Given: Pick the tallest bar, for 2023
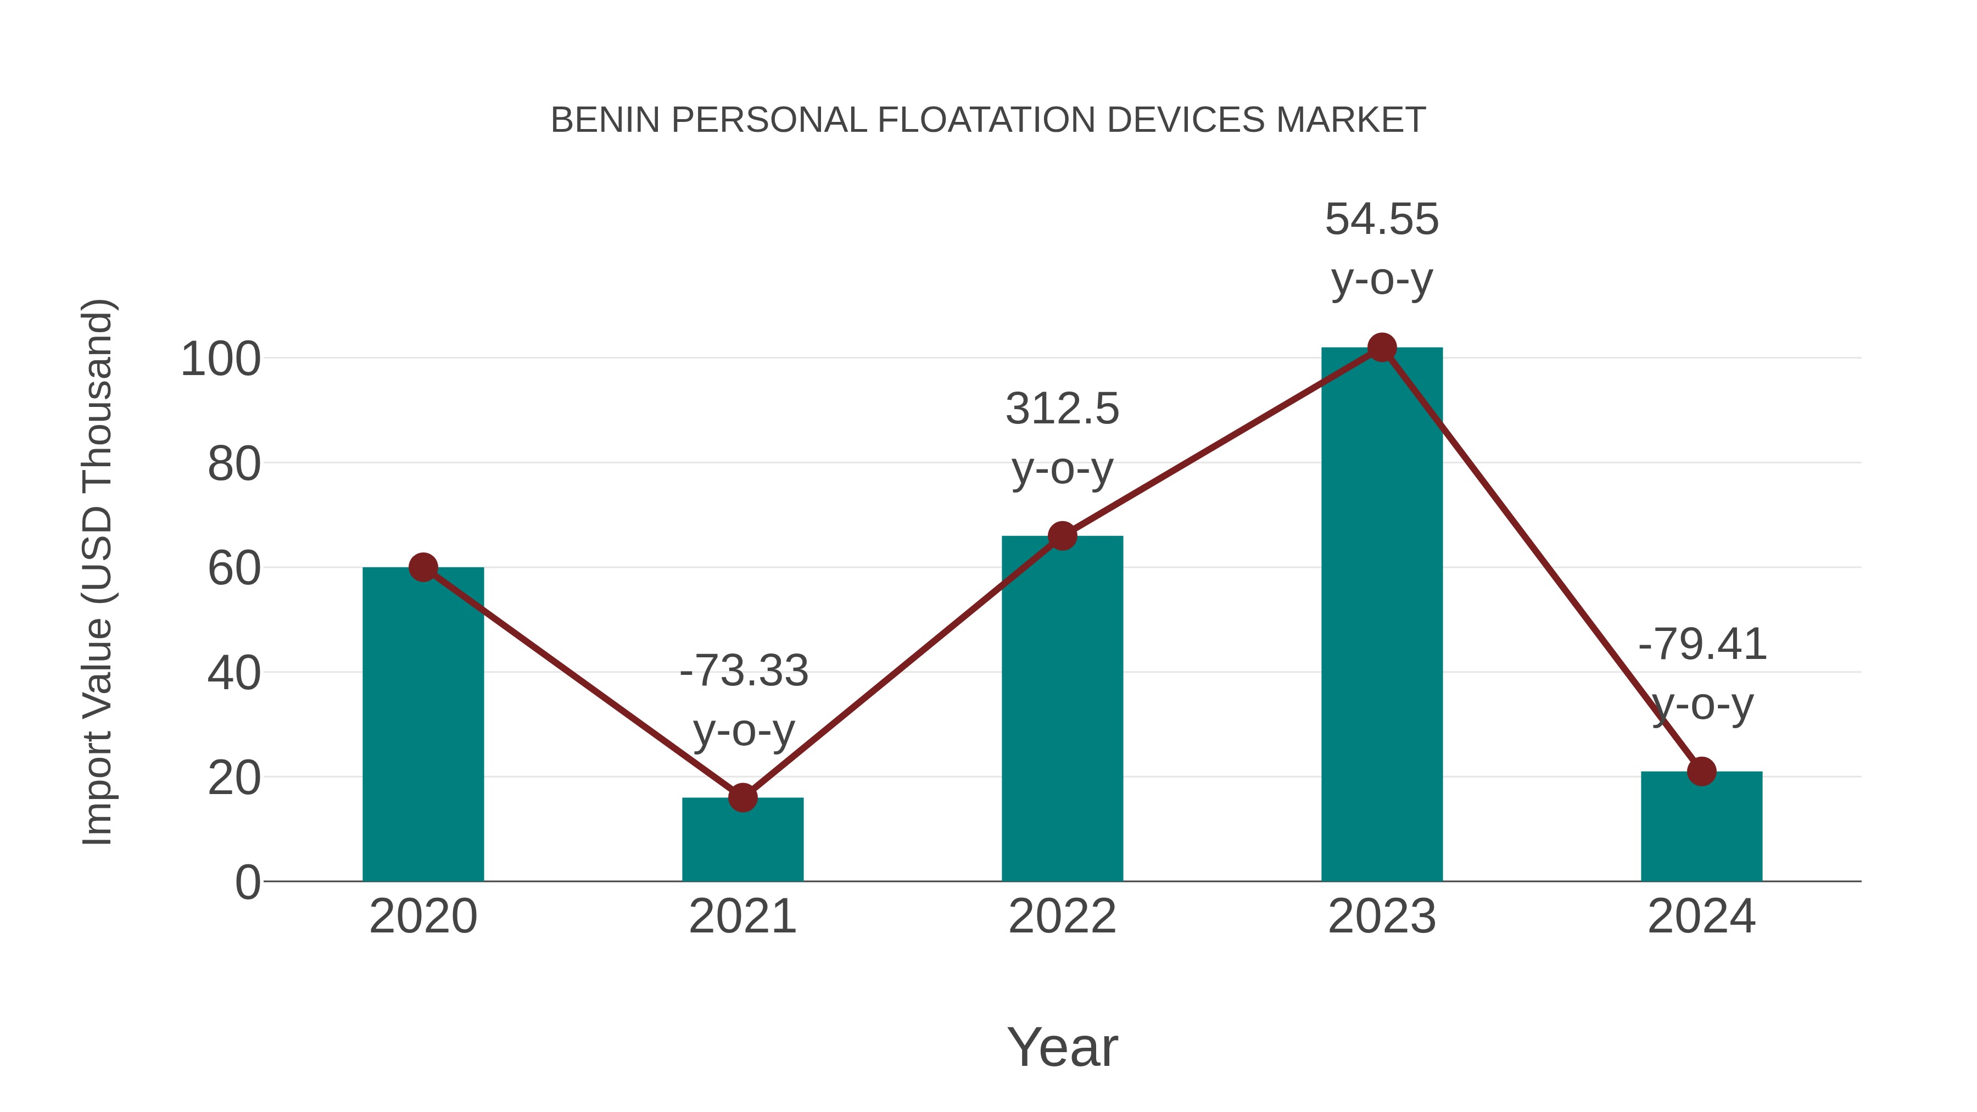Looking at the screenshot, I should pos(1382,614).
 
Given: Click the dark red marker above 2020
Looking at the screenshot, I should pos(423,568).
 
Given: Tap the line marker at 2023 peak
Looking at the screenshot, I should pos(1382,348).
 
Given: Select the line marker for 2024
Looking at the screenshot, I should pos(1701,772).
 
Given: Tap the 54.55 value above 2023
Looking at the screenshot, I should pos(1382,220).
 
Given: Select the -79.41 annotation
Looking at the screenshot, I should pos(1701,645).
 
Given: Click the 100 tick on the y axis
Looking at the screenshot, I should pos(220,359).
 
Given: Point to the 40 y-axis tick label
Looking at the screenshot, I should pos(233,674).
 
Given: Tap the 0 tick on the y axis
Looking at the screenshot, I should pos(247,882).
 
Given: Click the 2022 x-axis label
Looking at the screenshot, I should pos(1062,917).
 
